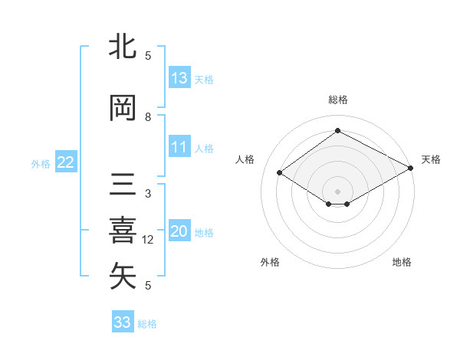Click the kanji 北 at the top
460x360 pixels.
(123, 47)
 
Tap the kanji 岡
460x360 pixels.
(123, 108)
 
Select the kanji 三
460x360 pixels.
(123, 186)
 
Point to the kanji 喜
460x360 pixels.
(123, 231)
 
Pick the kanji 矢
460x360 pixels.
(123, 277)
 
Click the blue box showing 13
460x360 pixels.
(179, 78)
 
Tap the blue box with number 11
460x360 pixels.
(179, 148)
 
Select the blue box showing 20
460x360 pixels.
(179, 232)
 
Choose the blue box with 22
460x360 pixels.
(65, 162)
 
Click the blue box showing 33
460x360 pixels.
(123, 322)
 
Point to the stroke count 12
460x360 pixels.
(149, 240)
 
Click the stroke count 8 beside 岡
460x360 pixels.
(148, 117)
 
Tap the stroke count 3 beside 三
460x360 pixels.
(148, 194)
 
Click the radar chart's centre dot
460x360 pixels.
(337, 190)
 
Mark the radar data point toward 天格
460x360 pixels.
(411, 169)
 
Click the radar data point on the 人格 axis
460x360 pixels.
(280, 173)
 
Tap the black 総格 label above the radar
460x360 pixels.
(337, 100)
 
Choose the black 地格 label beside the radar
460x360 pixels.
(402, 262)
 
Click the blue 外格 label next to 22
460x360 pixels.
(41, 163)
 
